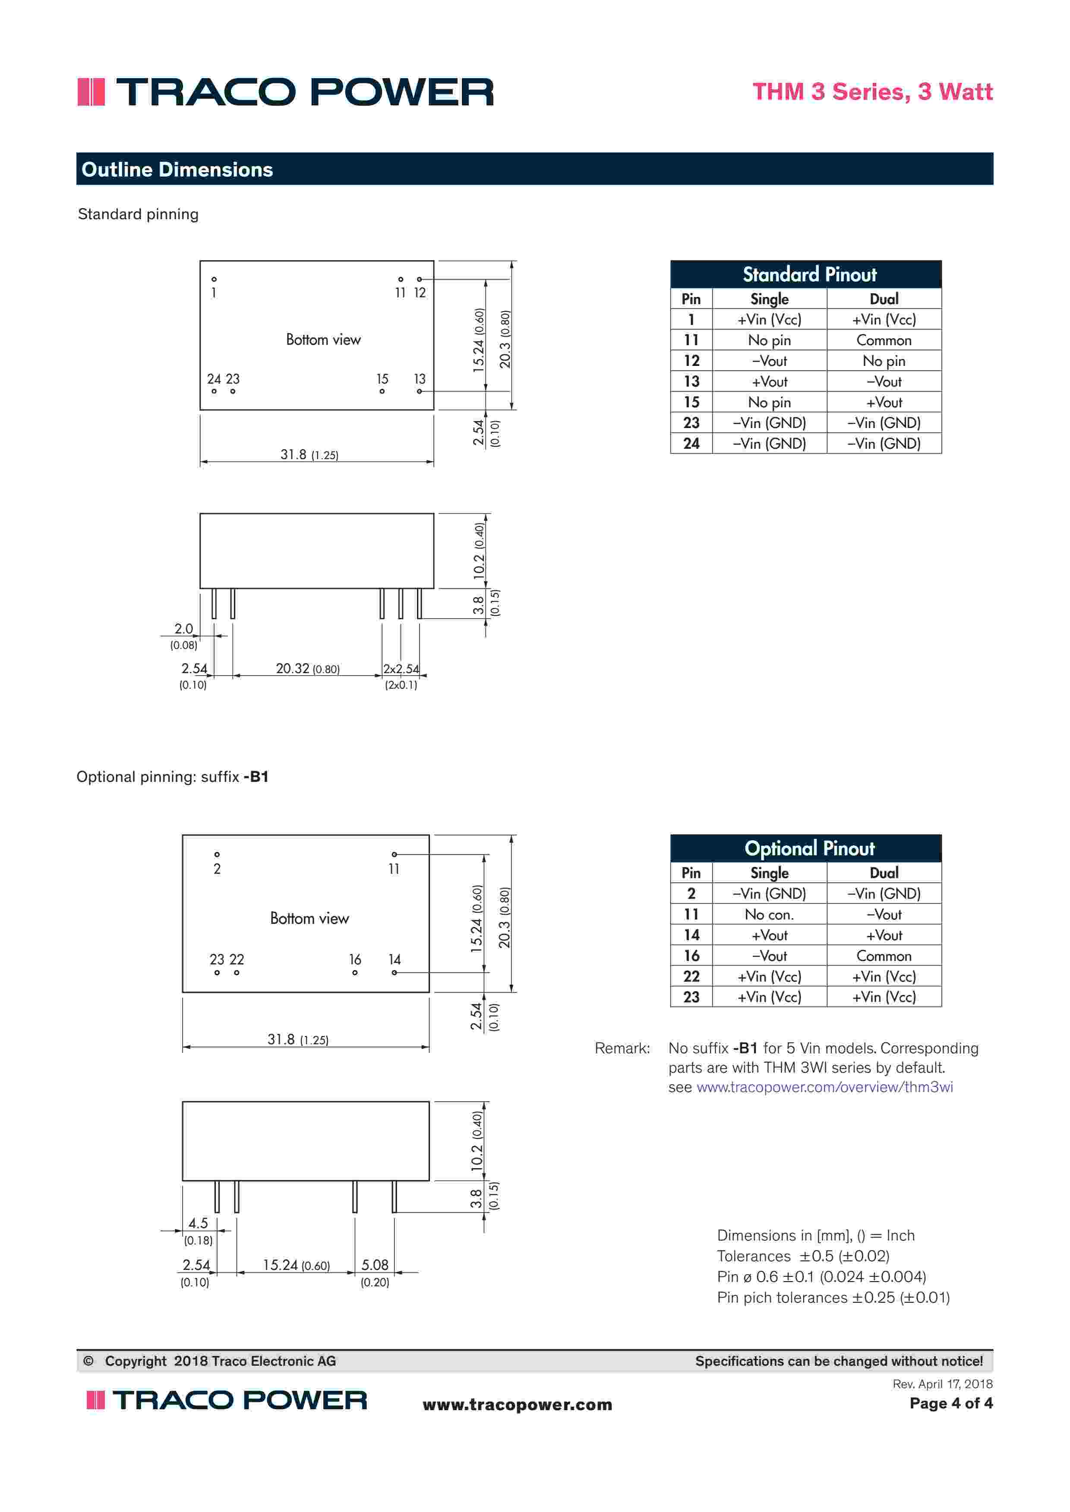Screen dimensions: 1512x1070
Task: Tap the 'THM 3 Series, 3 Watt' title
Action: click(872, 91)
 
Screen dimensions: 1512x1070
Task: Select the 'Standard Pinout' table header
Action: click(809, 274)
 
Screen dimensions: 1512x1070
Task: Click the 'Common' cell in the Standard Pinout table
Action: click(884, 340)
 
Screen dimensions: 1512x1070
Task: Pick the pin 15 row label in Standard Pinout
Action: click(691, 402)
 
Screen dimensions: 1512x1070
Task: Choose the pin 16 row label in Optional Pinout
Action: click(691, 955)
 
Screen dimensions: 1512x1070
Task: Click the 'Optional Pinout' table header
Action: click(809, 849)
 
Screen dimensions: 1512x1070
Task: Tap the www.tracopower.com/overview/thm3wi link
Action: click(824, 1087)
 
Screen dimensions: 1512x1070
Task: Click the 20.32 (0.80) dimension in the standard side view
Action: click(307, 668)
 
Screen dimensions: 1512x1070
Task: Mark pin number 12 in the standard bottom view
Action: click(420, 293)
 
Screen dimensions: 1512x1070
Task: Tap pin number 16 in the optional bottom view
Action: click(355, 960)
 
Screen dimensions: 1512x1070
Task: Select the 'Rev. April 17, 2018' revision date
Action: click(942, 1384)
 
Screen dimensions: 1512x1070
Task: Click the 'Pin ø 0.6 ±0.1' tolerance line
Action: click(821, 1277)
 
